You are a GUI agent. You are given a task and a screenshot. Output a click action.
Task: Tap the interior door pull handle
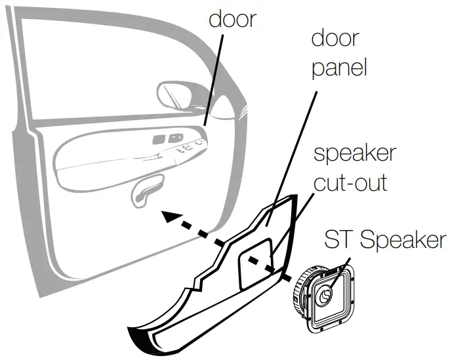[x=146, y=191]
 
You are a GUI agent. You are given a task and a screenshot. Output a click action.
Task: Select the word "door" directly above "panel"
[x=335, y=38]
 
